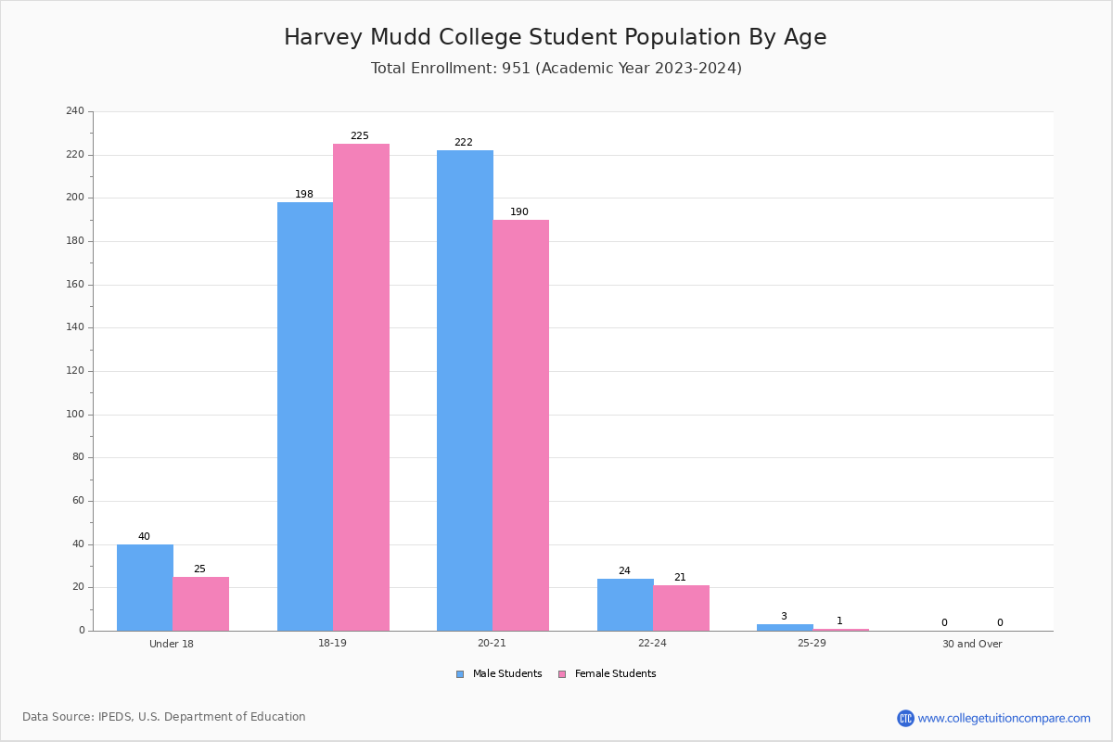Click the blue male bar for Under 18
pos(145,587)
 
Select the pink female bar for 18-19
pos(361,387)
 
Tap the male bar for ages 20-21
pos(465,390)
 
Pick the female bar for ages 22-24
pos(681,608)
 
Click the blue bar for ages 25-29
pos(785,628)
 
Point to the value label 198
pos(304,195)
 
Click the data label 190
pos(519,211)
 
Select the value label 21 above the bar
pos(680,577)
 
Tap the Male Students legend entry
pos(499,674)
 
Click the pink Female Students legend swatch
pos(562,674)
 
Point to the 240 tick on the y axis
pos(75,110)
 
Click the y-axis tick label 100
pos(75,414)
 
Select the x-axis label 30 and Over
pos(972,644)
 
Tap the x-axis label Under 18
pos(172,644)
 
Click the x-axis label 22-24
pos(652,643)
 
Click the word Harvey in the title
pos(324,38)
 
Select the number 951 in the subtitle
pos(517,68)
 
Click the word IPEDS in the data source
pos(115,717)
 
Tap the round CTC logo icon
pos(905,718)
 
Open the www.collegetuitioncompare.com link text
pos(1004,719)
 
